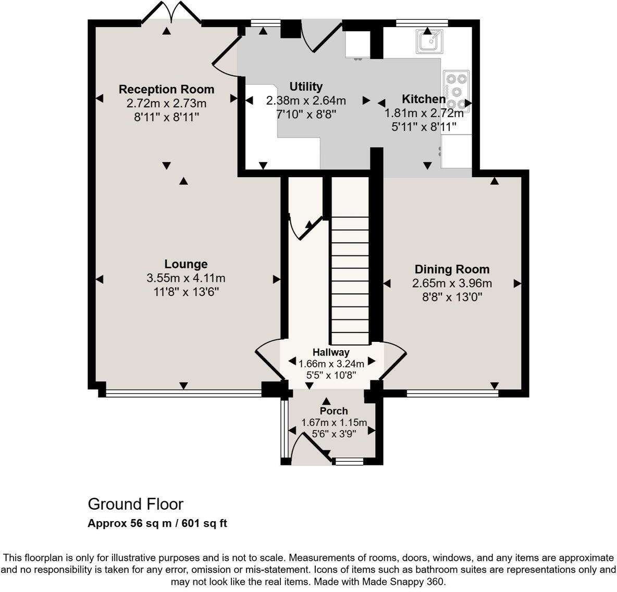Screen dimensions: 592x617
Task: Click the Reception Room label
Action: pos(166,89)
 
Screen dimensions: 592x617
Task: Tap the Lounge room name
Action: pos(186,264)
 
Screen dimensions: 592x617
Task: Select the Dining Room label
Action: pos(452,269)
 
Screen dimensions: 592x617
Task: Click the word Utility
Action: pos(306,87)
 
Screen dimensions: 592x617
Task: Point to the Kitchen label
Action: pos(423,99)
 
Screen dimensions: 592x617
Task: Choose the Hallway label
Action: pos(331,352)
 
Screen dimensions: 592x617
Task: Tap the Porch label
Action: pos(334,411)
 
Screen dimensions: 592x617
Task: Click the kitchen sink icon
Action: pos(429,41)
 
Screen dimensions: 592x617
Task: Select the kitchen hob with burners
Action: pos(456,92)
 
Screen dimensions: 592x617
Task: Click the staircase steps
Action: pos(350,276)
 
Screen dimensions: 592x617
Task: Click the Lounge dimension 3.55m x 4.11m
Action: pos(186,278)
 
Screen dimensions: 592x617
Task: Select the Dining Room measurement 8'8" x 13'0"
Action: pos(452,298)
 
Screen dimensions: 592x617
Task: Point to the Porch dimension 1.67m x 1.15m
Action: pos(334,423)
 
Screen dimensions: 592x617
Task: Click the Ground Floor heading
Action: pos(135,504)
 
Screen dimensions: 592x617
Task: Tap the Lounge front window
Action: pos(183,394)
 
